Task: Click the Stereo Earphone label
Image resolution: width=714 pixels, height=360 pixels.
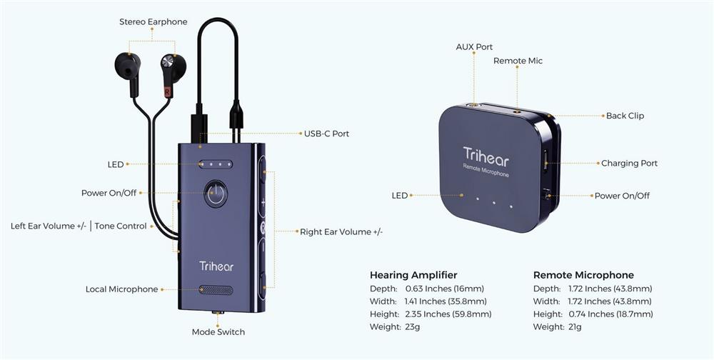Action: (x=153, y=22)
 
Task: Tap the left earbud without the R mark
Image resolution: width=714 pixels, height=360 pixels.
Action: (x=128, y=67)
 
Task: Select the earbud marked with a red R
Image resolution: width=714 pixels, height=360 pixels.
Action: (x=171, y=71)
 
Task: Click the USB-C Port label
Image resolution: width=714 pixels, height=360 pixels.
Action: (x=326, y=134)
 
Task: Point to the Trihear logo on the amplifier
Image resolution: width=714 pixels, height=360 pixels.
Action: (x=216, y=266)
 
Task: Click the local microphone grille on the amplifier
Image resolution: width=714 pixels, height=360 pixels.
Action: (x=216, y=291)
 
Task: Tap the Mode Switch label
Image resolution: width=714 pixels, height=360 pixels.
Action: (x=218, y=332)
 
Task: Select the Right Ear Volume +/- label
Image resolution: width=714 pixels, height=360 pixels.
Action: (x=341, y=231)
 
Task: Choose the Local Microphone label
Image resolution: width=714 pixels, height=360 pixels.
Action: (x=121, y=289)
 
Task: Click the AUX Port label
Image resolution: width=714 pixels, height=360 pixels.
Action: (x=474, y=47)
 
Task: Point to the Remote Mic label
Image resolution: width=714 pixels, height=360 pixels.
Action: (x=518, y=61)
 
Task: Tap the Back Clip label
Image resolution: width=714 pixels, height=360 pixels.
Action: (x=625, y=116)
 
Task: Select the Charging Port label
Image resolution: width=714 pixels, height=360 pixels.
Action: (x=629, y=164)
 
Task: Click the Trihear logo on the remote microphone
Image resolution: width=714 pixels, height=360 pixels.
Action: (x=486, y=155)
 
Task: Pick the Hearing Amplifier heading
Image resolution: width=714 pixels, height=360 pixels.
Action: (x=413, y=275)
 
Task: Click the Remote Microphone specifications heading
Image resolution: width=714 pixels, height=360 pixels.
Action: (x=583, y=275)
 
